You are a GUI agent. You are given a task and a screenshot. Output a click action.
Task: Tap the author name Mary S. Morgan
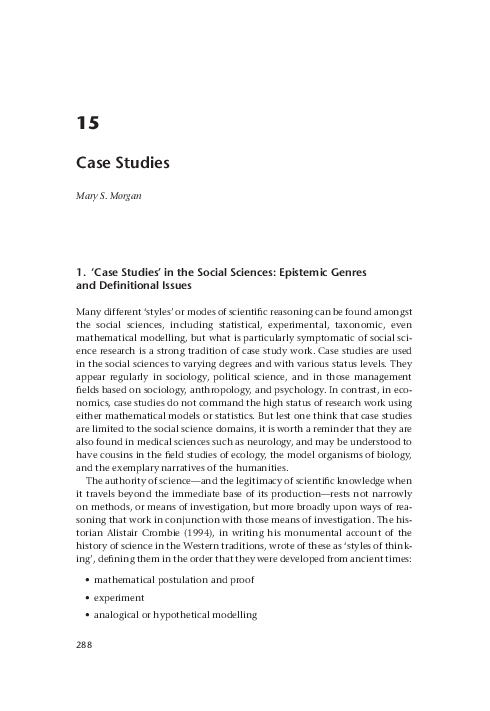(111, 195)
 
